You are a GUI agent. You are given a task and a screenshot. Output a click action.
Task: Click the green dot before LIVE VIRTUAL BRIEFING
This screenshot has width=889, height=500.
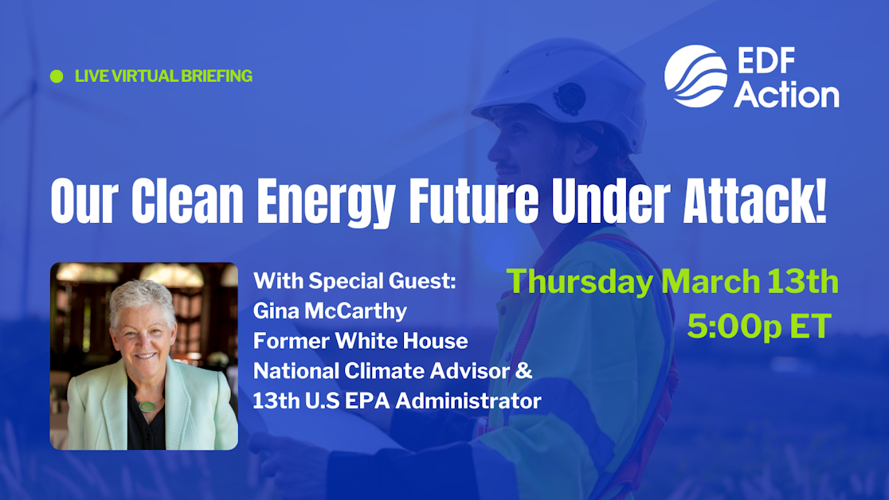tap(57, 76)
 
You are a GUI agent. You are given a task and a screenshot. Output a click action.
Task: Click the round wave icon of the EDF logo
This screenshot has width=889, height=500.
tap(695, 76)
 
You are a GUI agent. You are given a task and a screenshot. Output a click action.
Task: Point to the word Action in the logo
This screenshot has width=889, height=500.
tap(785, 94)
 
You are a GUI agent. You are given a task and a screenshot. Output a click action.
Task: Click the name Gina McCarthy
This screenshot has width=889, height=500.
tap(330, 311)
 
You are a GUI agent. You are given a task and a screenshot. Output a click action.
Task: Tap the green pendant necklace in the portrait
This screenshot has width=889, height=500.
tap(147, 405)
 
